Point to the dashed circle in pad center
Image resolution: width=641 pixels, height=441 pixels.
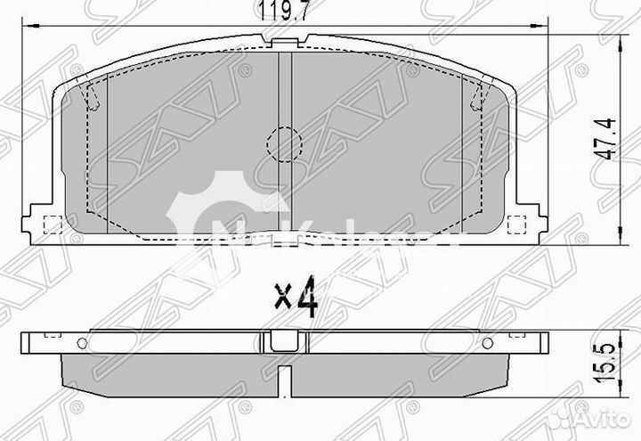284,142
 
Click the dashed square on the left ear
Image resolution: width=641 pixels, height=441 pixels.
50,223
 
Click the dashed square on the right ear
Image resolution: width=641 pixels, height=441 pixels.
516,223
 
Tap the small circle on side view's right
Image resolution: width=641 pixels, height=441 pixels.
486,344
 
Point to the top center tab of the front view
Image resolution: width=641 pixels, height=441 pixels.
284,38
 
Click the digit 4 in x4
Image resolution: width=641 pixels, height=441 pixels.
307,298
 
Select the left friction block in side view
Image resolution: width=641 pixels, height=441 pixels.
169,366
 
